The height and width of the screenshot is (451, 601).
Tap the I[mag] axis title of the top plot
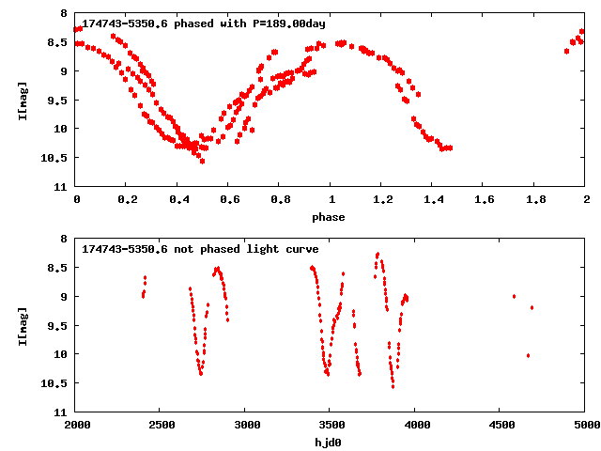pyautogui.click(x=23, y=100)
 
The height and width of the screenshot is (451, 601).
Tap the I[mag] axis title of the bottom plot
pyautogui.click(x=23, y=325)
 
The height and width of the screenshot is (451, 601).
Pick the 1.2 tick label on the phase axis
pyautogui.click(x=382, y=200)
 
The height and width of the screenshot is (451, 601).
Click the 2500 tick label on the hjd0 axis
pyautogui.click(x=161, y=426)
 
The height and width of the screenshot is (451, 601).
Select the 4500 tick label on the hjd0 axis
pyautogui.click(x=501, y=426)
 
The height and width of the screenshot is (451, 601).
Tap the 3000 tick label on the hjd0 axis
pyautogui.click(x=246, y=426)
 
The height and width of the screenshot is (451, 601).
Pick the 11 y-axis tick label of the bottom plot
pyautogui.click(x=62, y=412)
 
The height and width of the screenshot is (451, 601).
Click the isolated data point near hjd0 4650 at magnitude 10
pyautogui.click(x=528, y=355)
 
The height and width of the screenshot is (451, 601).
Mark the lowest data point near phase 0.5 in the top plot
pyautogui.click(x=202, y=161)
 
